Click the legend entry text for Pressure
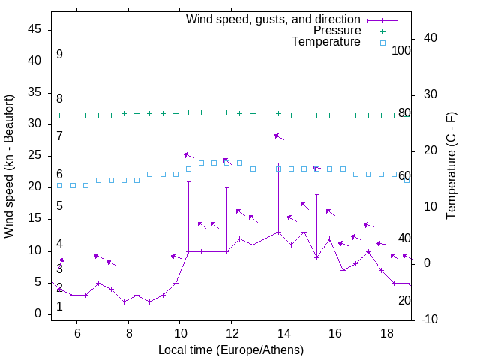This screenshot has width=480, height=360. [337, 31]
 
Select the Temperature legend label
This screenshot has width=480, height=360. [326, 42]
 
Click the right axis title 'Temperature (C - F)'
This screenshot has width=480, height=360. [451, 166]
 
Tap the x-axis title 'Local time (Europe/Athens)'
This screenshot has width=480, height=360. [231, 349]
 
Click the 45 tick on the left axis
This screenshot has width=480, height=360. [34, 29]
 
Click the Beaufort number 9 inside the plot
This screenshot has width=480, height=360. [59, 55]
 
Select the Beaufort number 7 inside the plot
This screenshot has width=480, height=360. [59, 136]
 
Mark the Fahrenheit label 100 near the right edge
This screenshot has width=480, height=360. [401, 51]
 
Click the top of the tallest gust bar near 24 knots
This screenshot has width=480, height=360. [279, 163]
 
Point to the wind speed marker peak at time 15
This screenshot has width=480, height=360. [304, 232]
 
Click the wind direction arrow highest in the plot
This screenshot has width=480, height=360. [279, 136]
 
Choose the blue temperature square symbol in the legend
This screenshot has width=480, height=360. [382, 43]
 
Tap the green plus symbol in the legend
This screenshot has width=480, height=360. [382, 31]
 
